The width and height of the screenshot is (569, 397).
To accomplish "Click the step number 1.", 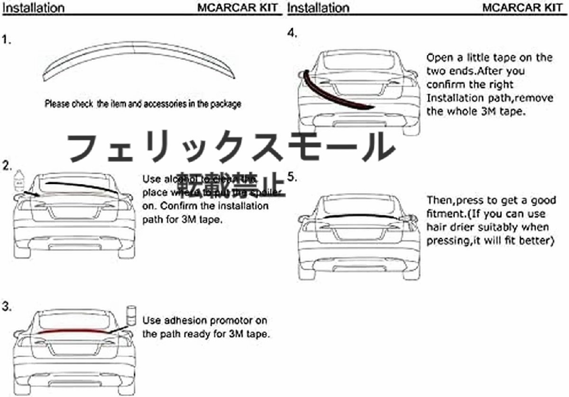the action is click(6, 40).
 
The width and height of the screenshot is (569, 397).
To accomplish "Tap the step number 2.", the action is click(7, 166).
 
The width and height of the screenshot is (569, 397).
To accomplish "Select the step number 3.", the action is click(7, 307).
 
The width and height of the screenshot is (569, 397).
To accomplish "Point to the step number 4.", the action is click(292, 33).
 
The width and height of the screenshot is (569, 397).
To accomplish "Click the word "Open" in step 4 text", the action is click(439, 58).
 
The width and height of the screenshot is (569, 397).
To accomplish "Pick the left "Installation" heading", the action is click(33, 8).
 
